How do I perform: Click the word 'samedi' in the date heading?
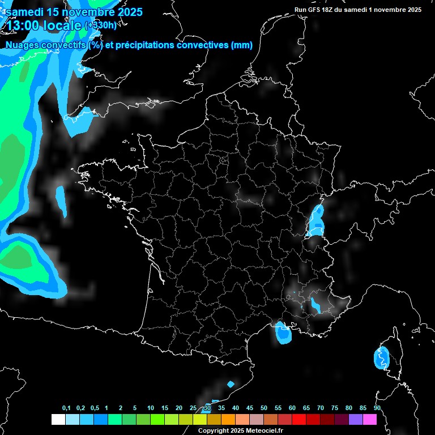tap(25, 12)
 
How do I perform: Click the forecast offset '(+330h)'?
tap(100, 25)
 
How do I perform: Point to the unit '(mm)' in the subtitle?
tap(241, 45)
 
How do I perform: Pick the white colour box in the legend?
tap(58, 419)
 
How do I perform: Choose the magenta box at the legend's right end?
tap(370, 419)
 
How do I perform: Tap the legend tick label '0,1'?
tap(66, 408)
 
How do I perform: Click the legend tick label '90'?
tap(377, 408)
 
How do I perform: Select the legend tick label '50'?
tap(264, 408)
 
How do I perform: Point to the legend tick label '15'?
tap(165, 408)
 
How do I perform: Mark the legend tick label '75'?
tap(335, 408)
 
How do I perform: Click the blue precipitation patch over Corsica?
tap(381, 358)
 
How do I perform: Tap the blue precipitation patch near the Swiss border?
tap(315, 221)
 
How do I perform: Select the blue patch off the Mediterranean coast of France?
tap(282, 333)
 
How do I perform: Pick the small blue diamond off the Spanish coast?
tap(231, 385)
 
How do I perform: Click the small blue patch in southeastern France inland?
tap(315, 306)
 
